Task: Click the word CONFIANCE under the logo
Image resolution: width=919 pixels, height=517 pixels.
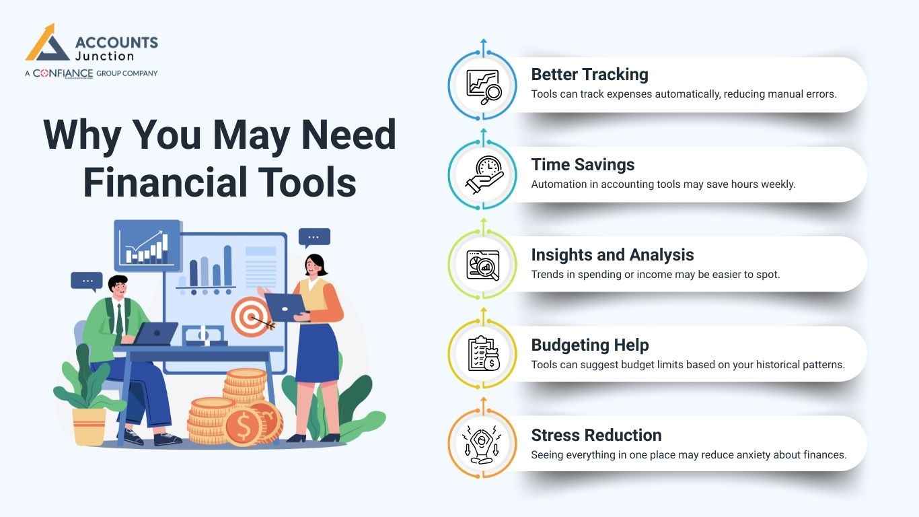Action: pyautogui.click(x=63, y=73)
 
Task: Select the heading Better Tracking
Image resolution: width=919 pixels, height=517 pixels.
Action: pyautogui.click(x=589, y=74)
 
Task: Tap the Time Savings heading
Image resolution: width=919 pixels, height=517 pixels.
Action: pyautogui.click(x=583, y=164)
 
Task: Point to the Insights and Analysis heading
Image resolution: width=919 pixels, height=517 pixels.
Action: pyautogui.click(x=612, y=254)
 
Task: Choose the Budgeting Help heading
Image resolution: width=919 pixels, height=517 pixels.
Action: pyautogui.click(x=589, y=345)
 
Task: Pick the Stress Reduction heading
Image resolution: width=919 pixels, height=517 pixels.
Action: pyautogui.click(x=596, y=435)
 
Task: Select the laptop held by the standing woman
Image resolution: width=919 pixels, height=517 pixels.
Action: pyautogui.click(x=285, y=306)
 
